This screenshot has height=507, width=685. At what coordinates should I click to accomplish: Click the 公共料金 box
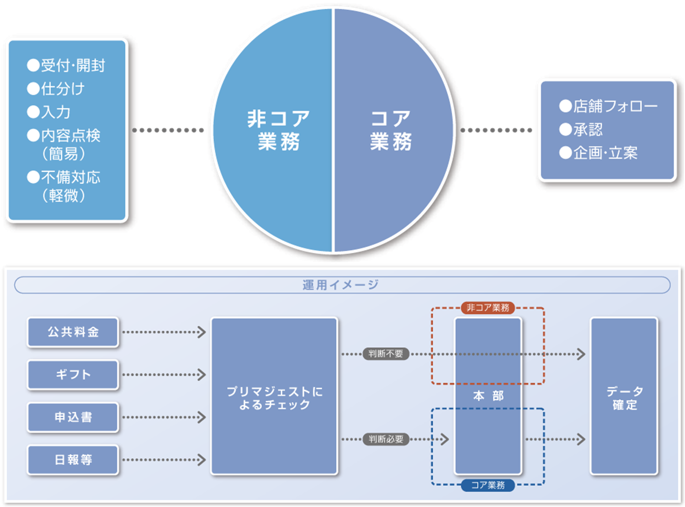73,332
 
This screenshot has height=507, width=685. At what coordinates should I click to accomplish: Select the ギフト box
73,375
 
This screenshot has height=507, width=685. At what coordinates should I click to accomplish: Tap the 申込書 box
73,417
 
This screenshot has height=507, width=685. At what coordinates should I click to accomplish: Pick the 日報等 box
73,460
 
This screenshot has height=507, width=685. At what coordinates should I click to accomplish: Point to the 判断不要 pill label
386,354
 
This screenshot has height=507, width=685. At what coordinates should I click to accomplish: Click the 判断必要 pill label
386,439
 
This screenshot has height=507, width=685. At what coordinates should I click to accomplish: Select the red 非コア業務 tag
488,308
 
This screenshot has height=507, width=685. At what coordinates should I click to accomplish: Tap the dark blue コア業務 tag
488,485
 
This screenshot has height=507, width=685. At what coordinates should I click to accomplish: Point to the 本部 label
488,396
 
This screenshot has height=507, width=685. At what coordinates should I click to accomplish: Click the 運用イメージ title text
341,285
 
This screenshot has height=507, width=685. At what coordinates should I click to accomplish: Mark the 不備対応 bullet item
64,178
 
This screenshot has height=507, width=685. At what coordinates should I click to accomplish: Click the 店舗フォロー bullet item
608,106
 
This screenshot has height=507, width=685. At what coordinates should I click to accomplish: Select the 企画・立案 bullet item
599,153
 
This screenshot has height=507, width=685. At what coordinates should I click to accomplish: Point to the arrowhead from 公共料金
202,332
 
